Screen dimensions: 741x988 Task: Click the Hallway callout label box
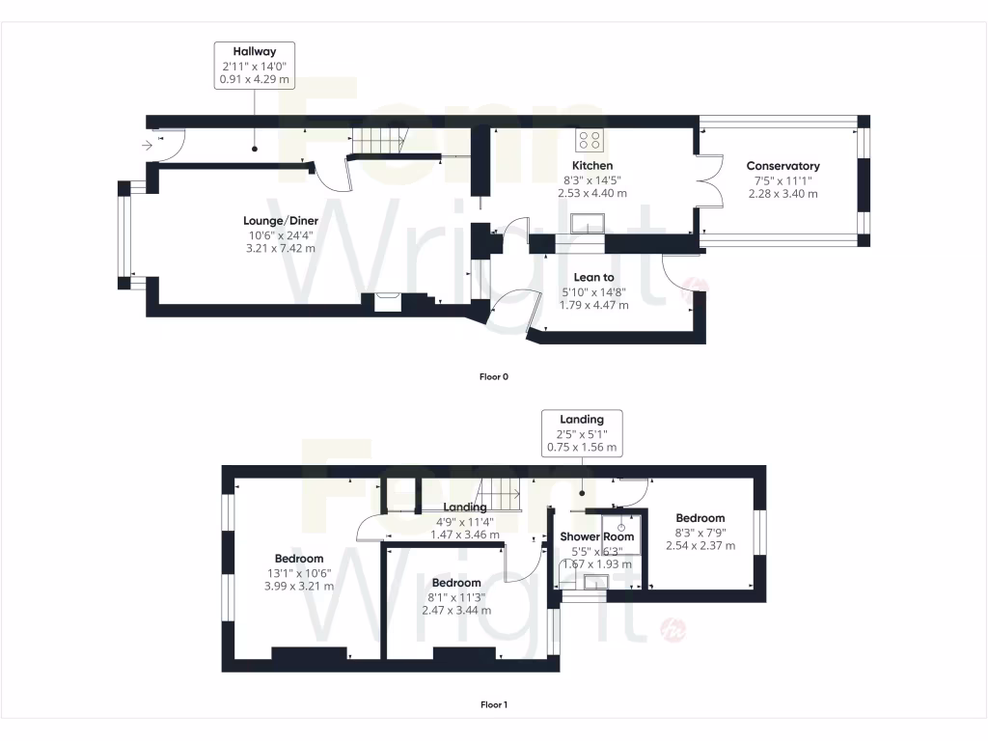click(255, 66)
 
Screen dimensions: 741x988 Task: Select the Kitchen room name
click(591, 166)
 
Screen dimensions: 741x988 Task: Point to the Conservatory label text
click(782, 166)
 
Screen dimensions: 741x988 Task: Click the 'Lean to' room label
click(593, 277)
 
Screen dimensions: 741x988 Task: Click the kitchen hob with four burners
click(590, 141)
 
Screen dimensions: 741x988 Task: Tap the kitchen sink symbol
click(588, 225)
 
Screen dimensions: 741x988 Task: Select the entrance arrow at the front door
click(147, 146)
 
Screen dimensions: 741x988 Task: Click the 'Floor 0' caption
click(493, 376)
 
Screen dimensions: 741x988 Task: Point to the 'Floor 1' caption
click(493, 704)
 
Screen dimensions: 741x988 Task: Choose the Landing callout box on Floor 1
click(582, 433)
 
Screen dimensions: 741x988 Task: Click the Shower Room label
click(597, 536)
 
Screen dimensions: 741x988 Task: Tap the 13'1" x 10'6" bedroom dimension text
click(298, 572)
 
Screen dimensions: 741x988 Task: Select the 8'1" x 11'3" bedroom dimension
click(456, 596)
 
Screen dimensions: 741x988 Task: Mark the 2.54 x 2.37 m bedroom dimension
click(700, 545)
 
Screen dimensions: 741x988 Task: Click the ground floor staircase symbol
click(375, 141)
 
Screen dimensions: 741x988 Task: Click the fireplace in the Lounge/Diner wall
click(387, 302)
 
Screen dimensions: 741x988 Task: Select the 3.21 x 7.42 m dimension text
click(280, 248)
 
